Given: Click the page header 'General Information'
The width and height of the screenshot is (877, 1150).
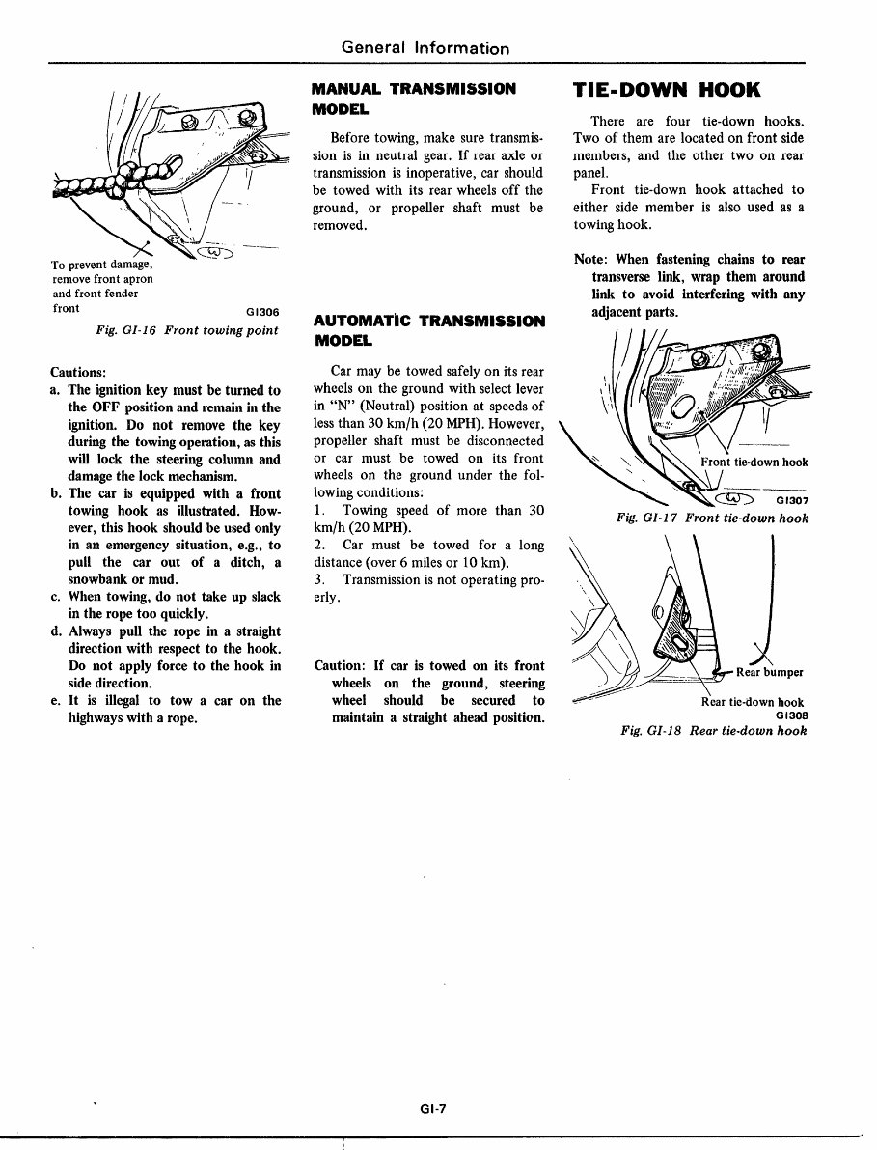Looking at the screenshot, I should [425, 47].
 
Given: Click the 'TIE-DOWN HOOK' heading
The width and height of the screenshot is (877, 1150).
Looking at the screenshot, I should [667, 90].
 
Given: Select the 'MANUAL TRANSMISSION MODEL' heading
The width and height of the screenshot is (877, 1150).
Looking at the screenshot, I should [414, 98].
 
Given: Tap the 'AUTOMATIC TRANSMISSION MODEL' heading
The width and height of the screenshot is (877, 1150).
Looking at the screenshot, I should [429, 330].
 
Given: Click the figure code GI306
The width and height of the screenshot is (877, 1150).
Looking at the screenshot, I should [262, 312].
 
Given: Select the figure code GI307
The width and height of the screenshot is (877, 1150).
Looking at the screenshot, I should [791, 501].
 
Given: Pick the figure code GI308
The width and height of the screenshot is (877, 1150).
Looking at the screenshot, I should [790, 715].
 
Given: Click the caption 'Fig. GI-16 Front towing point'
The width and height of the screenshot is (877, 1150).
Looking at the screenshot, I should [187, 330].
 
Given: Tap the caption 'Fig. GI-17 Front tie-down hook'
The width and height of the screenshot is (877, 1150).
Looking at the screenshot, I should [712, 519].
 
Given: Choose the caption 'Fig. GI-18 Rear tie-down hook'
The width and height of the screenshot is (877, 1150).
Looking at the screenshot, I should [714, 731].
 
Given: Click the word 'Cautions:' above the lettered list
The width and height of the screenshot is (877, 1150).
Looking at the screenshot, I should [78, 371].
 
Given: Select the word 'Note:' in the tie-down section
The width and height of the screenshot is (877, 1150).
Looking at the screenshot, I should [591, 260].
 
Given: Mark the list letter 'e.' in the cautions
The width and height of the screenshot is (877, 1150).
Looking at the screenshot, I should [56, 701].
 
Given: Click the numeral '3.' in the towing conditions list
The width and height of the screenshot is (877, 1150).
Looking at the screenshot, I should [320, 579].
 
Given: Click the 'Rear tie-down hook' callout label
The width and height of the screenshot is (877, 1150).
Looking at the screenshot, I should [752, 702].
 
